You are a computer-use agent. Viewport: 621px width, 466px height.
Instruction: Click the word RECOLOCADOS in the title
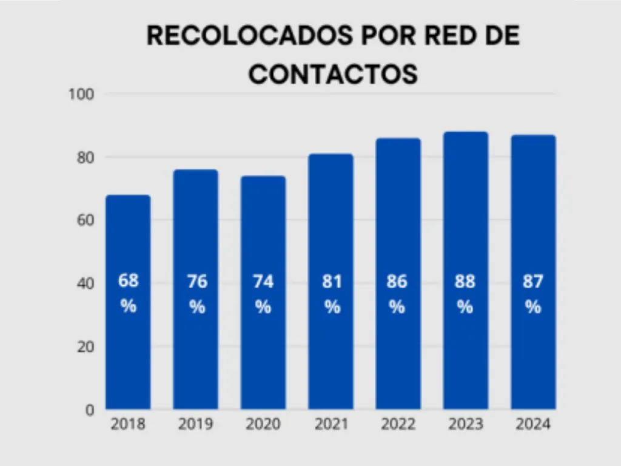(x=249, y=36)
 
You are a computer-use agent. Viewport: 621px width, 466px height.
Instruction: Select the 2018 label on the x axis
(x=128, y=424)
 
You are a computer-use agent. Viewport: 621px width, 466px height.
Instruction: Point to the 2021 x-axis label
(x=331, y=424)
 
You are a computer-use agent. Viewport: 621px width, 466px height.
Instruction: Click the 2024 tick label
(x=533, y=424)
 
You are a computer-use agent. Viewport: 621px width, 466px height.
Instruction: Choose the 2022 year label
(x=398, y=424)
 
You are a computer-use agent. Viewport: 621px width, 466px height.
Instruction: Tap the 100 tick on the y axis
(x=82, y=94)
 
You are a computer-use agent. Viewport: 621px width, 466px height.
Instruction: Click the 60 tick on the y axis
(x=85, y=220)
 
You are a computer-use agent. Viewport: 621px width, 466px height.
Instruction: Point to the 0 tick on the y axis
(x=89, y=410)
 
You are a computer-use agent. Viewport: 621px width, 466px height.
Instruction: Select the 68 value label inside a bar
(x=128, y=282)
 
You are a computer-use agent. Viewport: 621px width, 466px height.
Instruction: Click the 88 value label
(x=465, y=282)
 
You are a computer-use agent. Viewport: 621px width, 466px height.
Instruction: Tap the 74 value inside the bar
(x=263, y=282)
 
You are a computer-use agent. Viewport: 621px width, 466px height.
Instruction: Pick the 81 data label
(x=331, y=282)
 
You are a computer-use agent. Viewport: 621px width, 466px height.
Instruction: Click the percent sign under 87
(x=533, y=307)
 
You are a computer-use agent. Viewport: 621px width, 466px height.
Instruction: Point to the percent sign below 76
(x=196, y=307)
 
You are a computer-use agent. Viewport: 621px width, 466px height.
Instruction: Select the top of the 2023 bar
(x=465, y=133)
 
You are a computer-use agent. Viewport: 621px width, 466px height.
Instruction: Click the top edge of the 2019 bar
(x=195, y=171)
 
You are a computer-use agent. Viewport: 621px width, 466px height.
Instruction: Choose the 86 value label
(x=397, y=282)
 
